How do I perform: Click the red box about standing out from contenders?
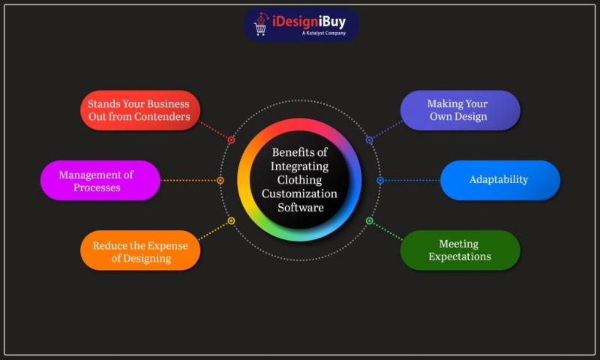140,110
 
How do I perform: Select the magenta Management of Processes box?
100,181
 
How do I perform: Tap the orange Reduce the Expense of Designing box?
140,251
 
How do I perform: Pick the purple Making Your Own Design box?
460,110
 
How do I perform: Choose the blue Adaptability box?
499,180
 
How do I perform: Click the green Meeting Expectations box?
460,250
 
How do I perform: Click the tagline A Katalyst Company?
324,34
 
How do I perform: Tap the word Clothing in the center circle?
299,180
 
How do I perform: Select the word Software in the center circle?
299,207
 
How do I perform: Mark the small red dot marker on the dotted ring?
231,140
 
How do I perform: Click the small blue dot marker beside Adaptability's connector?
380,180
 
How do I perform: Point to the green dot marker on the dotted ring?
369,220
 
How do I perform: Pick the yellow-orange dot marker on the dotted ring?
231,220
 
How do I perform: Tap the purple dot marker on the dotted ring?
369,140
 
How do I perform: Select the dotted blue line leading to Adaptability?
411,180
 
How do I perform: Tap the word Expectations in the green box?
460,257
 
